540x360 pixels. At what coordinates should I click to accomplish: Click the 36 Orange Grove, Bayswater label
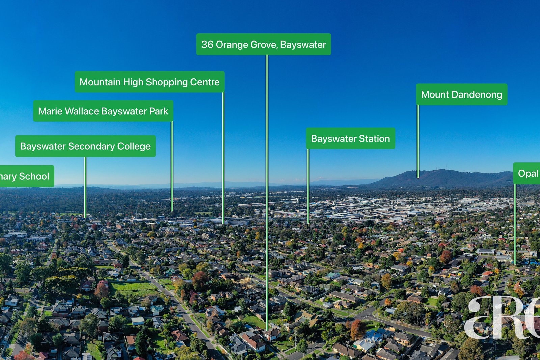(264, 44)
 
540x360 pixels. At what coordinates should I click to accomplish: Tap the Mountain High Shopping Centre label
(150, 82)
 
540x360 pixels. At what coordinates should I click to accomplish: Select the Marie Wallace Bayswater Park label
(103, 111)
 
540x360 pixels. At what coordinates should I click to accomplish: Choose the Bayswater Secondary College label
(85, 146)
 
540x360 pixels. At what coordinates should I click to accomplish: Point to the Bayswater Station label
(350, 138)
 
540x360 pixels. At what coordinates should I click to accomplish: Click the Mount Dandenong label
(461, 94)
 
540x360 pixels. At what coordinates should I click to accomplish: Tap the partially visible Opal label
(528, 173)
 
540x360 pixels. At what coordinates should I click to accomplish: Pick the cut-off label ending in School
(25, 176)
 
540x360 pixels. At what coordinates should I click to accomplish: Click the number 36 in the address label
(207, 45)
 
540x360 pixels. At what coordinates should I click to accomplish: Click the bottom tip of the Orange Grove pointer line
(267, 330)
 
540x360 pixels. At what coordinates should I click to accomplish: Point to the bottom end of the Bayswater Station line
(308, 223)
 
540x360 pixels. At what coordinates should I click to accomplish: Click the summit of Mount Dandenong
(442, 170)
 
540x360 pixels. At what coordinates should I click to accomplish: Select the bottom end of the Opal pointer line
(515, 263)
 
